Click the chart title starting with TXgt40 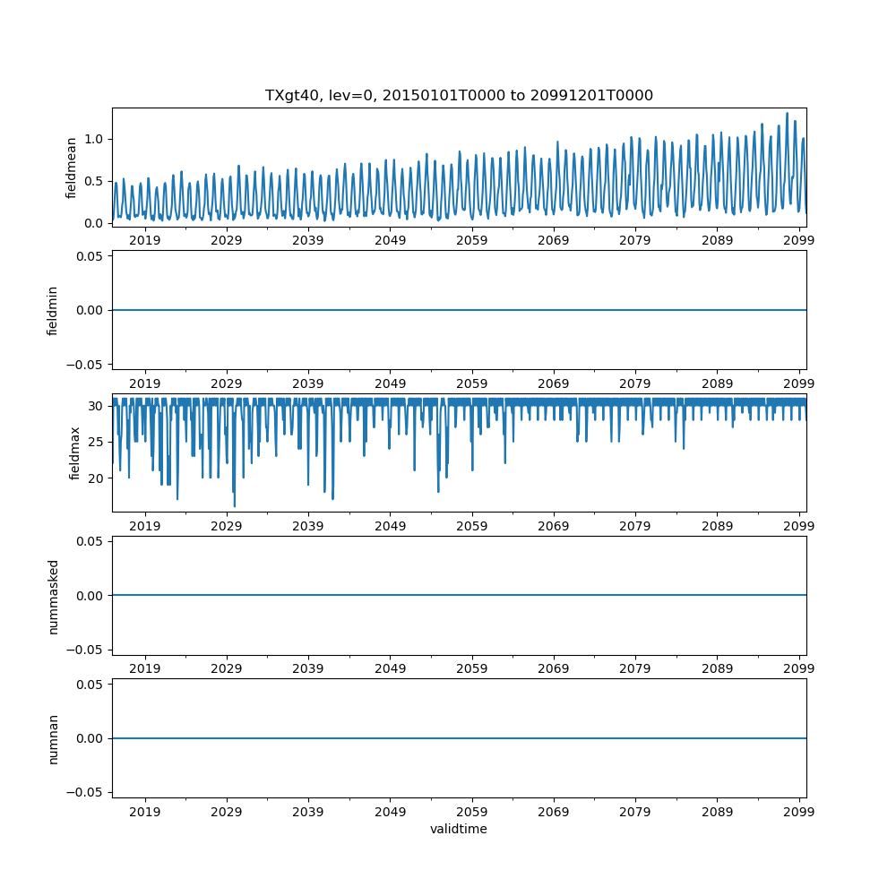click(x=459, y=95)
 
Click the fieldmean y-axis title click(x=71, y=167)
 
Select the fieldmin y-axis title click(x=53, y=310)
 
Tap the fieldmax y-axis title click(x=75, y=452)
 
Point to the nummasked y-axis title click(x=53, y=596)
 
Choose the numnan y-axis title click(x=53, y=738)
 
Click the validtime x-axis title click(x=459, y=829)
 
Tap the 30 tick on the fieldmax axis click(x=97, y=406)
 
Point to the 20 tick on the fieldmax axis click(x=97, y=478)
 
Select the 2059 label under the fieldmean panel click(x=472, y=240)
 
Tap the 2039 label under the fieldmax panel click(x=308, y=526)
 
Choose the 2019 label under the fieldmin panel click(x=145, y=383)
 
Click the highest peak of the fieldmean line click(x=787, y=113)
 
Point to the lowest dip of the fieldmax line click(x=235, y=506)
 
